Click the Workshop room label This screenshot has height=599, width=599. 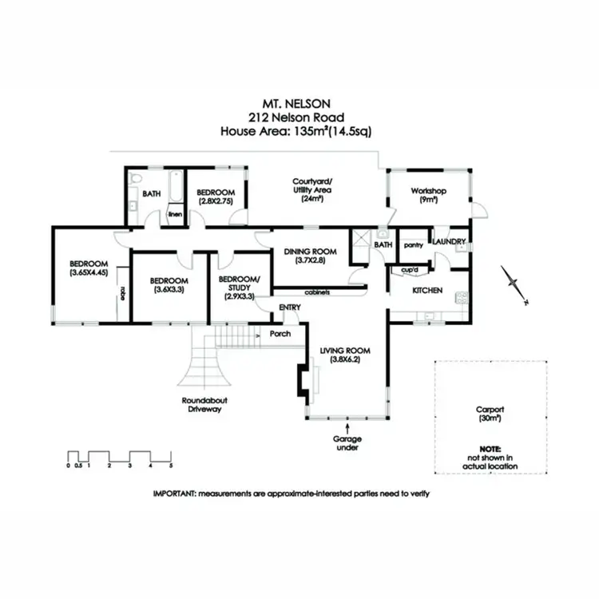point(428,192)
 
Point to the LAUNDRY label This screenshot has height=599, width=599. point(449,240)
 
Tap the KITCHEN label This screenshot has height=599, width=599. point(427,291)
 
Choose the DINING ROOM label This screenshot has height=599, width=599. point(311,252)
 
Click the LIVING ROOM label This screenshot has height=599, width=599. point(346,351)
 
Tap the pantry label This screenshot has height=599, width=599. point(413,245)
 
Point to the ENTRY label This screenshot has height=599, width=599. point(288,307)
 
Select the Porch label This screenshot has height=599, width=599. point(280,333)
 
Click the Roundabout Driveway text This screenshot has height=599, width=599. point(200,405)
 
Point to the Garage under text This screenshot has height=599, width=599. point(347,443)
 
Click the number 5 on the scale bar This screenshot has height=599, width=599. point(171,465)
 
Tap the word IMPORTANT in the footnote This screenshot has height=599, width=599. point(173,494)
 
